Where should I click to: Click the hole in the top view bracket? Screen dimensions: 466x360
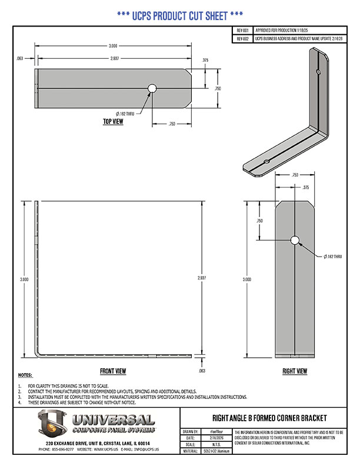coord(152,88)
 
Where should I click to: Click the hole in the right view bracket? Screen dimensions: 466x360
coord(295,240)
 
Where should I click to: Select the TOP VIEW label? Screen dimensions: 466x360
coord(113,122)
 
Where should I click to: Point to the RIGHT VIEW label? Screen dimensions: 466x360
coord(294,371)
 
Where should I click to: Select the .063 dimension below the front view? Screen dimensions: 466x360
coord(203,371)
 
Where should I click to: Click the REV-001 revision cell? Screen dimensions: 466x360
coord(242,29)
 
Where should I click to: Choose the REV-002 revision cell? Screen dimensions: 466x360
coord(242,38)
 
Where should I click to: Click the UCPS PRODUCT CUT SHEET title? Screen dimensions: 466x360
coord(180,15)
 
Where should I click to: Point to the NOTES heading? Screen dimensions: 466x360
coord(25,375)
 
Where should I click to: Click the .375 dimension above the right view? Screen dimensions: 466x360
coord(305,187)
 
